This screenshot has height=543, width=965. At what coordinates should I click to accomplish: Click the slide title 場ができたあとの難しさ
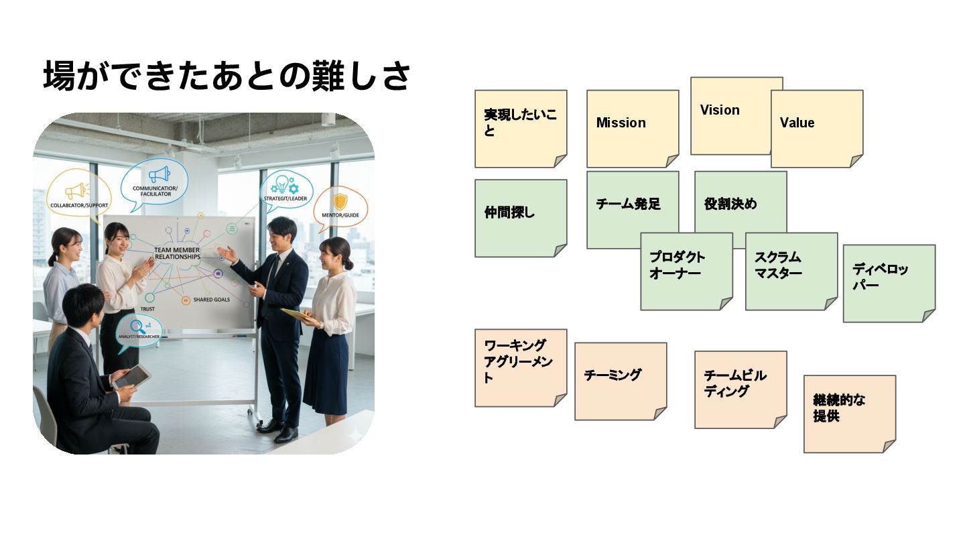click(227, 76)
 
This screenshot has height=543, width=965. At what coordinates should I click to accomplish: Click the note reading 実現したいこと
click(521, 128)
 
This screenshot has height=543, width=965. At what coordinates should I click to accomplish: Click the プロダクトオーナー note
click(686, 271)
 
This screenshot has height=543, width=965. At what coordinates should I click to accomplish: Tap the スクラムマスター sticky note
click(791, 271)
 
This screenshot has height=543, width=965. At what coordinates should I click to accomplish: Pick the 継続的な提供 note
click(849, 413)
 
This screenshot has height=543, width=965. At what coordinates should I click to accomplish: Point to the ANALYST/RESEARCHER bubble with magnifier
click(139, 332)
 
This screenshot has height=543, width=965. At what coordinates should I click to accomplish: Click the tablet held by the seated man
click(131, 377)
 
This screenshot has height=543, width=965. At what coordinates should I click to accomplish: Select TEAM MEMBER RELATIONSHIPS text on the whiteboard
click(177, 253)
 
